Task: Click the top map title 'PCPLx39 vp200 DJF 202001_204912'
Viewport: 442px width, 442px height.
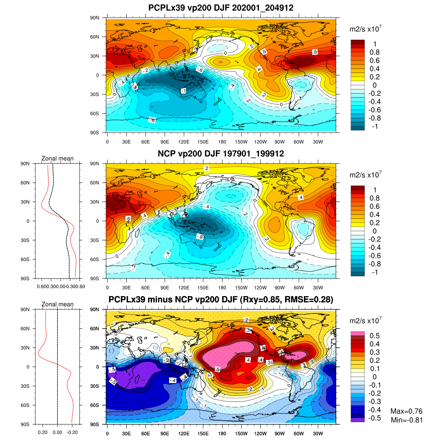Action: click(221, 8)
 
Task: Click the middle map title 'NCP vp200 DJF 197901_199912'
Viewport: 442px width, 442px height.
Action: click(221, 154)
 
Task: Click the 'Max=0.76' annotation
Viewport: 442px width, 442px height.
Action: click(406, 411)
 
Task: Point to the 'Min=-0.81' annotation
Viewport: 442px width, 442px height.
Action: click(407, 420)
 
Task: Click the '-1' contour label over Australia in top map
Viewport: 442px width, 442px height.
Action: click(183, 91)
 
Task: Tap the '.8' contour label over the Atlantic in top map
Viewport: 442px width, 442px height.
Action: click(315, 52)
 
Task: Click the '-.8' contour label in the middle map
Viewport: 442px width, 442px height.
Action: click(199, 237)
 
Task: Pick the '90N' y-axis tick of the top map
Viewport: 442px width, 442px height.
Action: click(95, 18)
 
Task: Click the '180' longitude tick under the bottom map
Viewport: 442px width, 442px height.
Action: click(222, 434)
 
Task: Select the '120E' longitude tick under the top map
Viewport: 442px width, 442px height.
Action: click(184, 142)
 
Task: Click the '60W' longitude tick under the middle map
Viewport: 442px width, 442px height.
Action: click(299, 288)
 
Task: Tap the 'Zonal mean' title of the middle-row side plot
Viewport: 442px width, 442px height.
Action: click(57, 158)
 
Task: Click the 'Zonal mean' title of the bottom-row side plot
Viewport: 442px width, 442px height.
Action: click(57, 304)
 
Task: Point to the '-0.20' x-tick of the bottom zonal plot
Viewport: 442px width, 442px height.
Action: click(73, 432)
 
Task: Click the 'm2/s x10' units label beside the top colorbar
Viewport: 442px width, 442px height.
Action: click(365, 29)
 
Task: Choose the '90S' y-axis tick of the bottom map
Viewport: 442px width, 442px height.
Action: click(95, 424)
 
